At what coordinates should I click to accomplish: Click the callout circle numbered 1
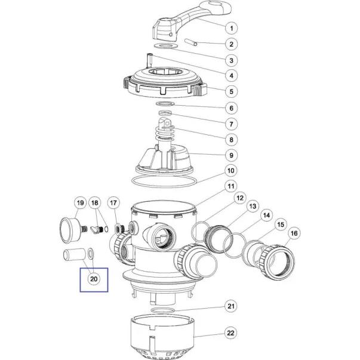point(231,28)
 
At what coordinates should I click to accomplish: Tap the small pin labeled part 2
point(191,42)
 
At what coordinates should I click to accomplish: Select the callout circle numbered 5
point(231,91)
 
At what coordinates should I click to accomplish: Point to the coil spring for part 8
point(165,133)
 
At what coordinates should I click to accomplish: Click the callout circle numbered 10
point(230,171)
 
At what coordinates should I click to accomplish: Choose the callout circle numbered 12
point(240,198)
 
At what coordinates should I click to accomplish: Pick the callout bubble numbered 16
point(294,233)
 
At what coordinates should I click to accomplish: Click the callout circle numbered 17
point(113,203)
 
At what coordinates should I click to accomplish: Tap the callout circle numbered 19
point(80,203)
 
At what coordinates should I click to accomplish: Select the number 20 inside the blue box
point(94,279)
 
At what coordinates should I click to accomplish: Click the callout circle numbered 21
point(230,306)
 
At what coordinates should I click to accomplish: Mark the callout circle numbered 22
point(230,333)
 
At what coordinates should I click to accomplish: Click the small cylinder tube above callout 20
point(74,255)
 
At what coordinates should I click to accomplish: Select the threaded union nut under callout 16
point(277,262)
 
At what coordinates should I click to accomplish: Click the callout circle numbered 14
point(266,216)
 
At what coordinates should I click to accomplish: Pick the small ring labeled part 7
point(165,113)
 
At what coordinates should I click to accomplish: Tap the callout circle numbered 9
point(231,155)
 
